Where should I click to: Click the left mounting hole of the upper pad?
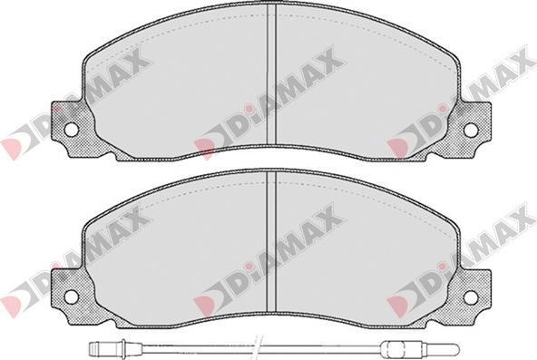(x=72, y=130)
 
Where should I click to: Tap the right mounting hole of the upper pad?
(x=471, y=130)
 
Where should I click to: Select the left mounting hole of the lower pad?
(x=72, y=297)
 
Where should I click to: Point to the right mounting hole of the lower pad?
(x=471, y=297)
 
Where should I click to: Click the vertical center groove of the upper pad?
(x=271, y=75)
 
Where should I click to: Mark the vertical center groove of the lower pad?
(x=271, y=242)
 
